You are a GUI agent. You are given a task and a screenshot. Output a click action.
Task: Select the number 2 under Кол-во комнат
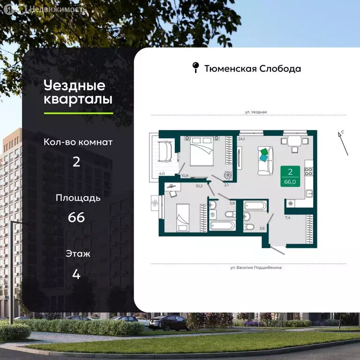77,162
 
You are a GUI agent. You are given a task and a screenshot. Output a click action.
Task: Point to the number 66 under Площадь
77,218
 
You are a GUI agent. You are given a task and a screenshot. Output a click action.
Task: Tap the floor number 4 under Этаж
77,274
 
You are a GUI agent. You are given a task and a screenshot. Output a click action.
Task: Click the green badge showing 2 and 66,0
291,176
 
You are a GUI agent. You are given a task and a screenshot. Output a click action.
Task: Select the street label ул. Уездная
256,112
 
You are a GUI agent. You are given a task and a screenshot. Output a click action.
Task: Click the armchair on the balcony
165,150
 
